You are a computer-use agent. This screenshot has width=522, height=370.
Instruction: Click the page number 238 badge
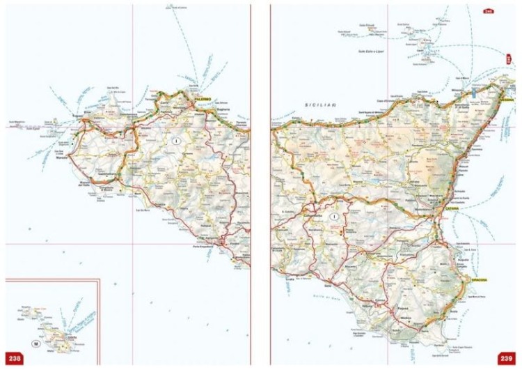tap(15, 358)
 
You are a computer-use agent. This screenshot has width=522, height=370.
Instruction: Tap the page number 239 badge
tap(507, 358)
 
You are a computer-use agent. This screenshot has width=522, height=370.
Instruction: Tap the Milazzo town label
tap(457, 91)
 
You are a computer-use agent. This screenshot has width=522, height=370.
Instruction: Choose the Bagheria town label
tap(221, 110)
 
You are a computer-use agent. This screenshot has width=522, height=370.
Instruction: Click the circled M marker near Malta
tap(36, 343)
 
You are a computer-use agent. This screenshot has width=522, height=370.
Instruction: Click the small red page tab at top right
tap(489, 11)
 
